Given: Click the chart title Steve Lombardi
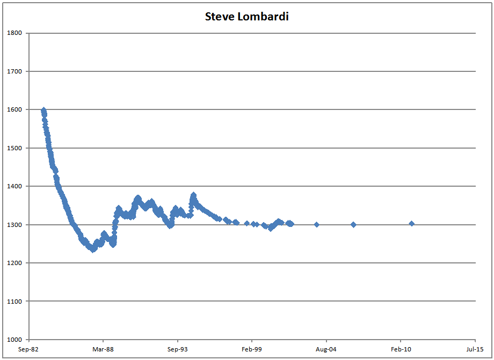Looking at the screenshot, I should pyautogui.click(x=247, y=17).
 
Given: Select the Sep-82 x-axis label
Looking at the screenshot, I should pyautogui.click(x=29, y=349).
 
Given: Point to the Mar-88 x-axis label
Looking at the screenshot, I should pyautogui.click(x=103, y=349).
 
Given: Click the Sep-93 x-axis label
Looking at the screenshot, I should pyautogui.click(x=178, y=349).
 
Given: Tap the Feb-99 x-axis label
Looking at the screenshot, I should pyautogui.click(x=252, y=349).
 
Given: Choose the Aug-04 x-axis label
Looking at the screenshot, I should pyautogui.click(x=326, y=349).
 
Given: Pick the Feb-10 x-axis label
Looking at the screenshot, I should pyautogui.click(x=401, y=349).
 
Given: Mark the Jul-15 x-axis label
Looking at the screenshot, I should pyautogui.click(x=475, y=349).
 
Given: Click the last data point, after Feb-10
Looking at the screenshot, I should pyautogui.click(x=411, y=224).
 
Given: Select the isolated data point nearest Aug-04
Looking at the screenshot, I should pyautogui.click(x=317, y=224).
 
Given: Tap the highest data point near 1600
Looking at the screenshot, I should pyautogui.click(x=43, y=110).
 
